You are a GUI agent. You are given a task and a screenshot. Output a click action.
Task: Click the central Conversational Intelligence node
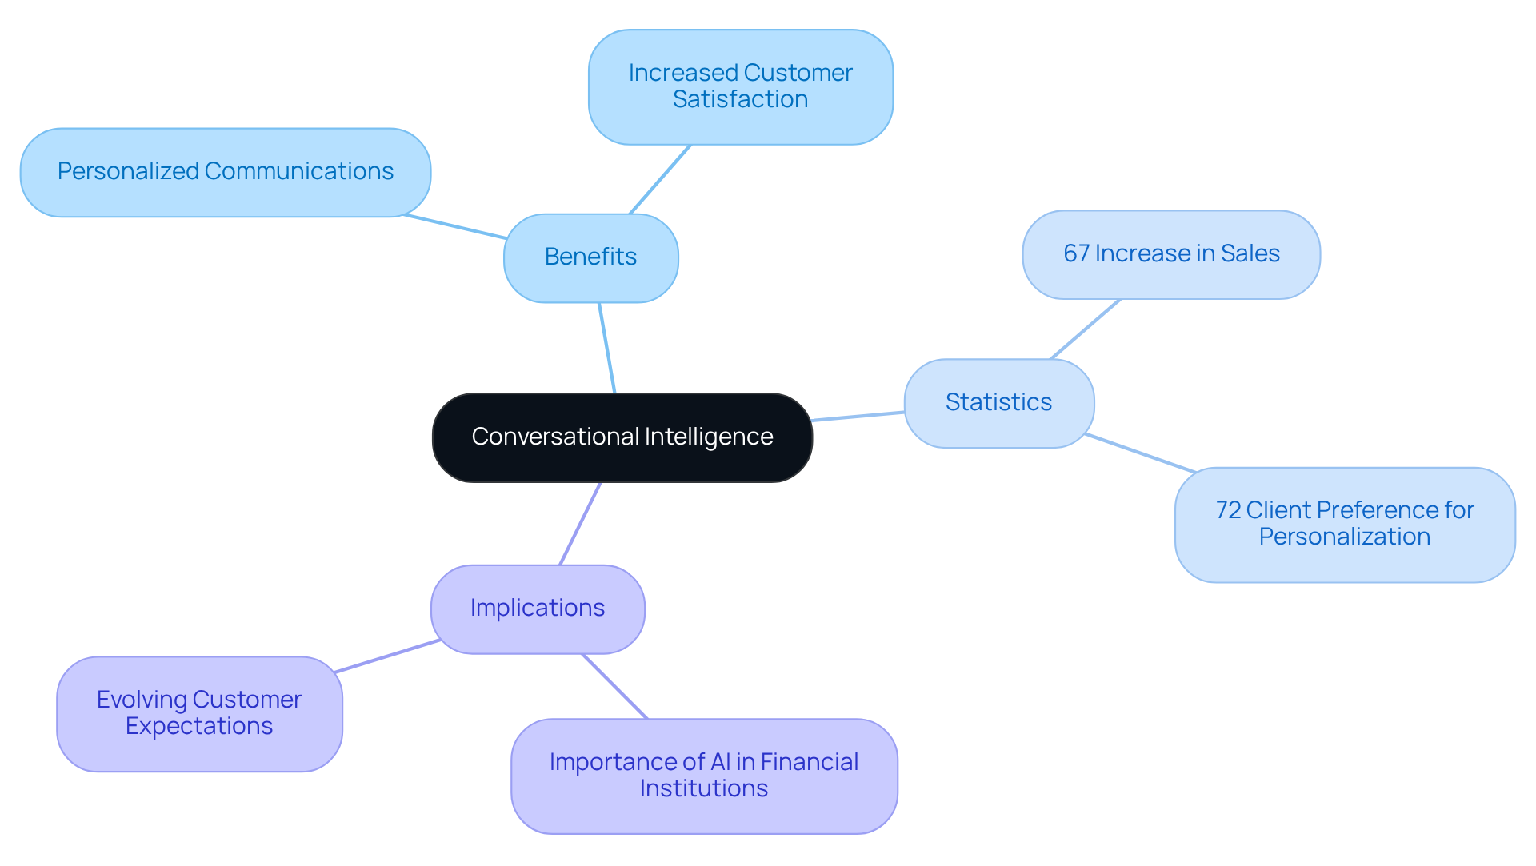click(x=622, y=437)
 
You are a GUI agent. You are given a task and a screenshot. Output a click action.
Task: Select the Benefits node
click(x=590, y=257)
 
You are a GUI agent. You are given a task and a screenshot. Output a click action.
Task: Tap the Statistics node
click(x=998, y=402)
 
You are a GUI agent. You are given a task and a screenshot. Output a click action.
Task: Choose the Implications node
click(x=537, y=609)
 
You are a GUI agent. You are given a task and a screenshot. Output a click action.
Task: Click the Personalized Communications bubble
click(x=225, y=172)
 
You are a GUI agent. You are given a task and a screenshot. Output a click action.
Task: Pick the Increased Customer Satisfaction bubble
click(x=740, y=86)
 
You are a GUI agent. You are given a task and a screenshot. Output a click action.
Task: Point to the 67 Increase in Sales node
click(x=1170, y=254)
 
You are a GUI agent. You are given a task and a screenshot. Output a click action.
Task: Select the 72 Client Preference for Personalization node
click(x=1344, y=524)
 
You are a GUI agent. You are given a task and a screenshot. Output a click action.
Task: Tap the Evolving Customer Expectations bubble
click(x=199, y=713)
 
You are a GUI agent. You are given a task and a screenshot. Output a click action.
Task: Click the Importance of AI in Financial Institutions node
click(x=703, y=776)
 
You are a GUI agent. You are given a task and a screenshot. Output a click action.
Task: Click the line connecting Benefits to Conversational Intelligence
click(x=606, y=348)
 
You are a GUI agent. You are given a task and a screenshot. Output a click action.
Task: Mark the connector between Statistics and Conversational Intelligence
click(x=858, y=417)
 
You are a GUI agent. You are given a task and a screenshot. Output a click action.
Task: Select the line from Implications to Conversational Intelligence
click(x=580, y=524)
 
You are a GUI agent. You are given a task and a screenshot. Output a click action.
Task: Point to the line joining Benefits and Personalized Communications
click(x=454, y=226)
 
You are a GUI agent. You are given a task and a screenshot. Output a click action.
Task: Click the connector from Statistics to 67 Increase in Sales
click(x=1085, y=329)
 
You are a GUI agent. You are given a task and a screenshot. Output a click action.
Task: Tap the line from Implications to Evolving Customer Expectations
click(x=387, y=656)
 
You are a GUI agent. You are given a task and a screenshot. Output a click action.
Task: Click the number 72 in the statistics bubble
click(x=1228, y=510)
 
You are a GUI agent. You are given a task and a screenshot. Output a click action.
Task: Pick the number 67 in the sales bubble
click(x=1076, y=254)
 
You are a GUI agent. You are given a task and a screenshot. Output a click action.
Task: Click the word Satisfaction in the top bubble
click(x=740, y=100)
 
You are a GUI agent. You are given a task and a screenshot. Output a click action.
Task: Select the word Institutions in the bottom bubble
click(x=703, y=789)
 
